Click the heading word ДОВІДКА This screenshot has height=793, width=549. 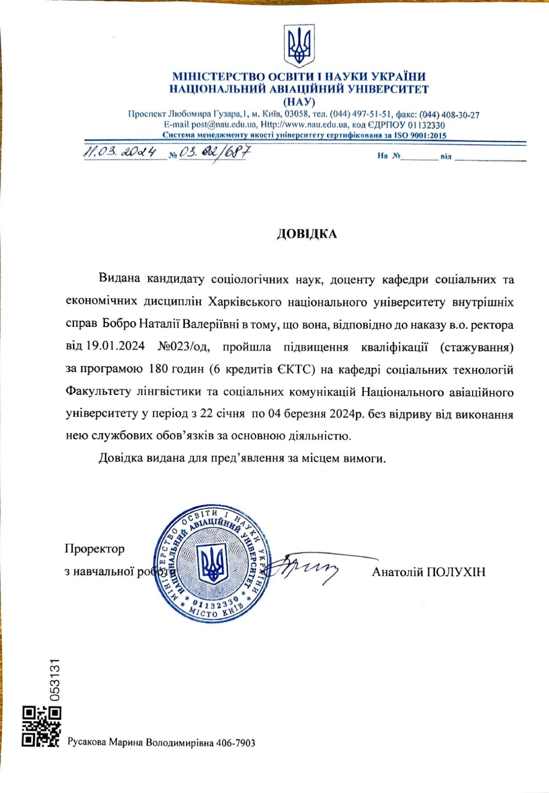point(307,234)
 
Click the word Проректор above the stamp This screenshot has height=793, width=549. point(95,548)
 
